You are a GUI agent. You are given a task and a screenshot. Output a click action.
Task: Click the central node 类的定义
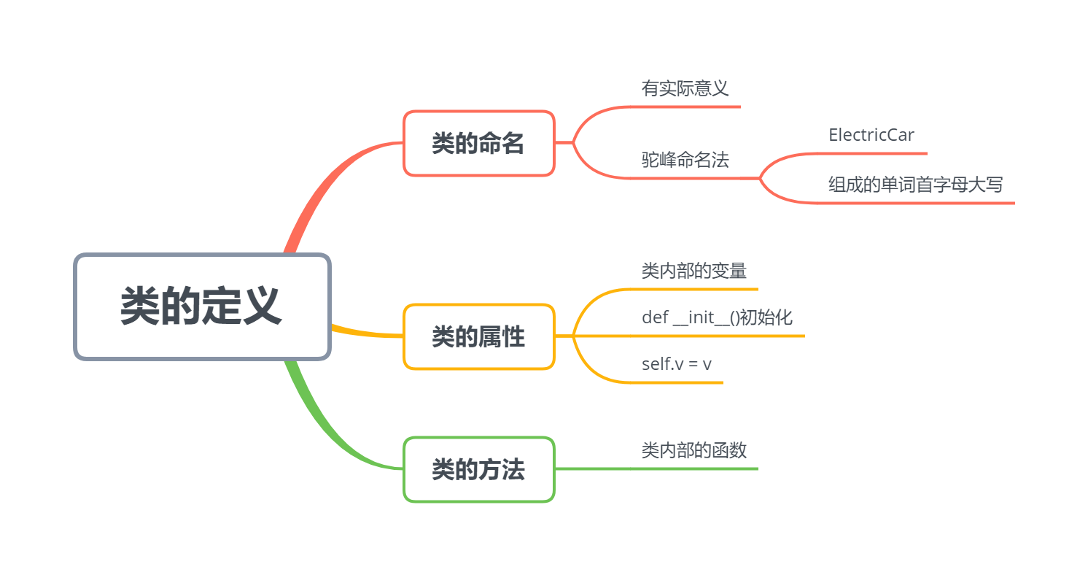click(202, 306)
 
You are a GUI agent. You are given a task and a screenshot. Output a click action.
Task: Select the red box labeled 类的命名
click(478, 144)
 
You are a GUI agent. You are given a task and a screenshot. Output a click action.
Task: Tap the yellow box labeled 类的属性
click(478, 337)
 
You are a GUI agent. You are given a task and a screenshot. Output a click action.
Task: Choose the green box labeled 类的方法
click(478, 470)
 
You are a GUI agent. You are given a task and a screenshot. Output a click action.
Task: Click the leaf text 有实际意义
click(685, 89)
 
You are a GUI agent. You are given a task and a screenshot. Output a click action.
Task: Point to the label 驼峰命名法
click(685, 161)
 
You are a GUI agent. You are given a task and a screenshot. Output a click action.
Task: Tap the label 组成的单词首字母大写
click(915, 185)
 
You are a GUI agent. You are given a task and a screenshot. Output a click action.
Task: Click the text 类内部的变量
click(693, 271)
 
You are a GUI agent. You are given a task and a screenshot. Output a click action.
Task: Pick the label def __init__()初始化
click(716, 318)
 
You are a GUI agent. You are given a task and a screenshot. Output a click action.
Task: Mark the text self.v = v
click(676, 363)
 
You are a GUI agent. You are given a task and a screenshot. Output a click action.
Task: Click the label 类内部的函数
click(693, 450)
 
